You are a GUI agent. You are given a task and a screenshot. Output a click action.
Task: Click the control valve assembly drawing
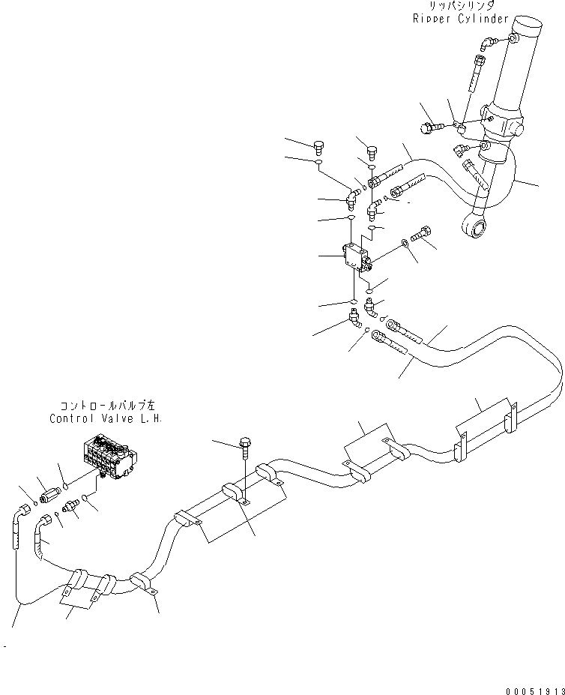[x=108, y=457]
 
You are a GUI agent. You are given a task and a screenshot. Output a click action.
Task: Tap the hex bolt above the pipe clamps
[x=245, y=445]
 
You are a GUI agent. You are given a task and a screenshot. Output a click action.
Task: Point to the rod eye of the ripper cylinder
[x=474, y=222]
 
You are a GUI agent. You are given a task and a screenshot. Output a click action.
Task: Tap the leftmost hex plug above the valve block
[x=318, y=145]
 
